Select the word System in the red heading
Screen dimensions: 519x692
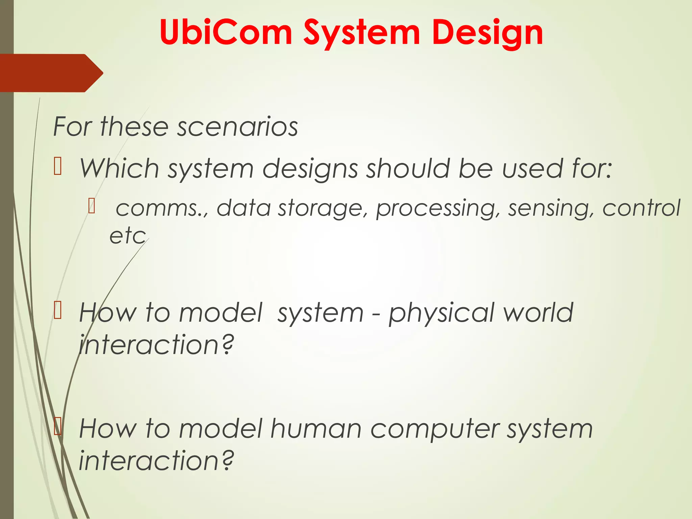(x=362, y=33)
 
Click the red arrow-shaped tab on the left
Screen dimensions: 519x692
(x=51, y=73)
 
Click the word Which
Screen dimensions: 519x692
(x=119, y=168)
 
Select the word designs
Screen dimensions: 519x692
(x=310, y=169)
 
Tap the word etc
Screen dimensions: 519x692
(x=127, y=236)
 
